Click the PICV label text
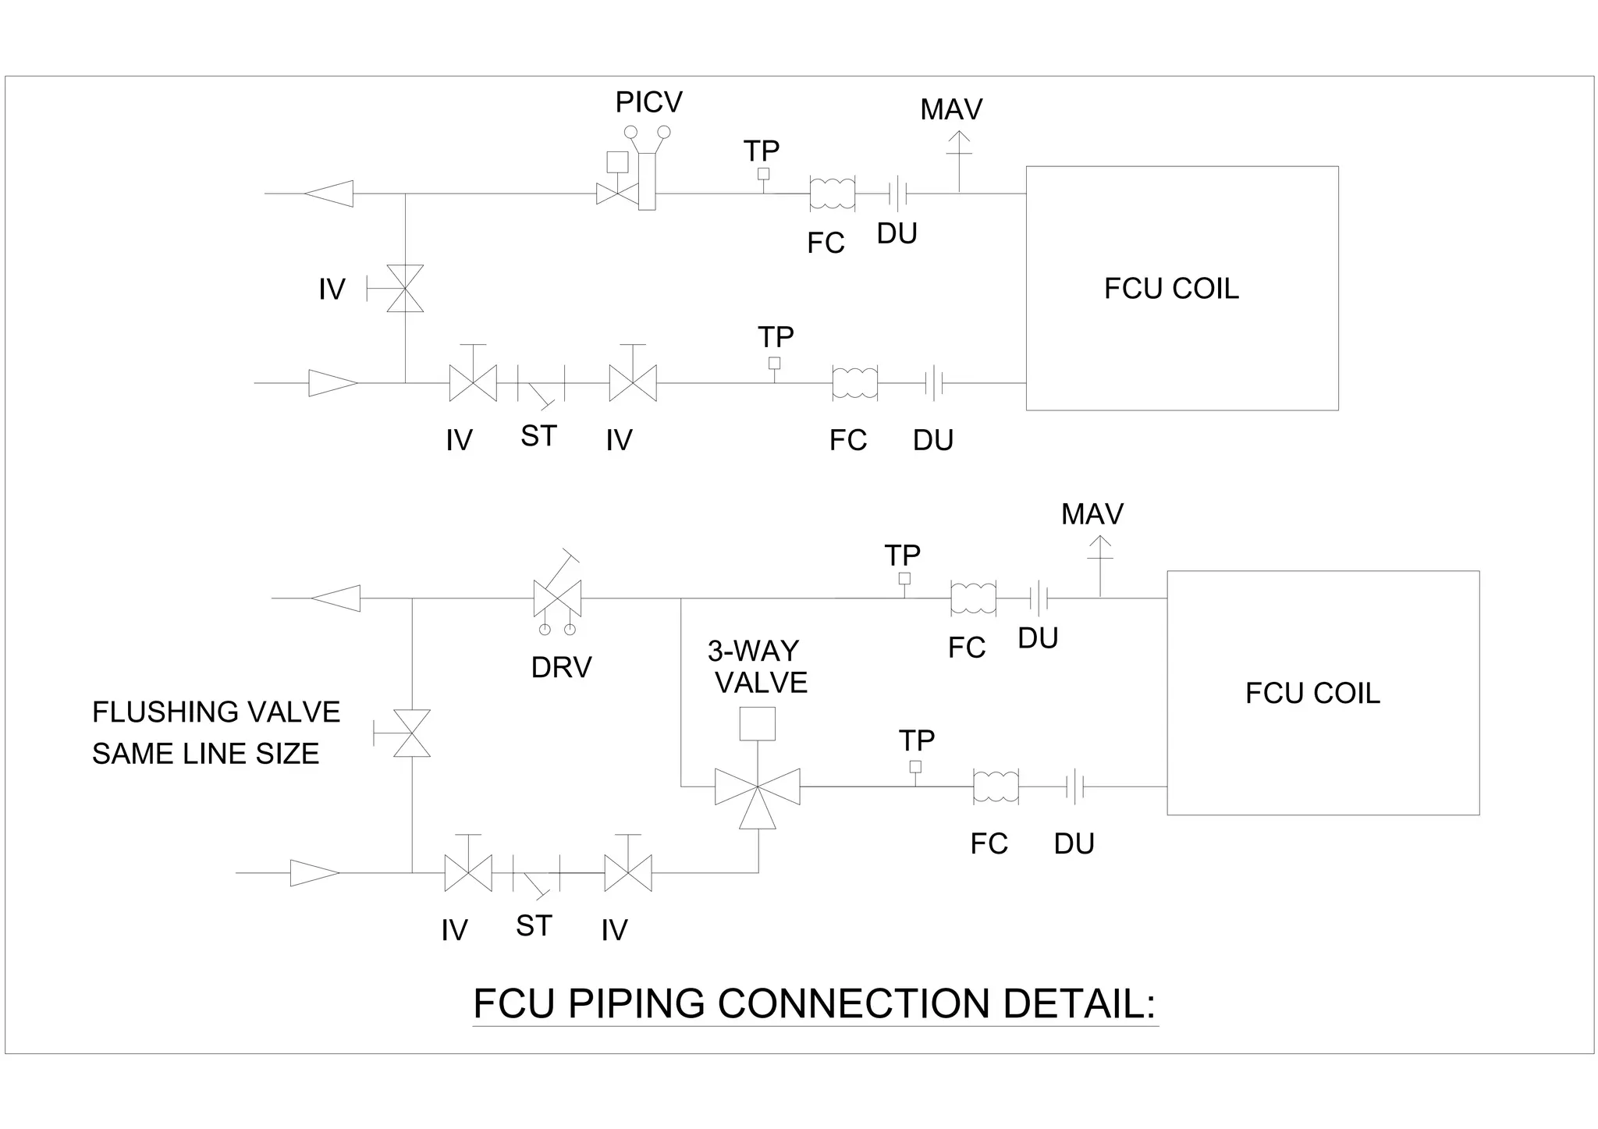pyautogui.click(x=648, y=102)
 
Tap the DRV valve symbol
pyautogui.click(x=557, y=598)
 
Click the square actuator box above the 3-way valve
pyautogui.click(x=757, y=723)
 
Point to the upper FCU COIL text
pyautogui.click(x=1170, y=289)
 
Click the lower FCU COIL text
pyautogui.click(x=1312, y=693)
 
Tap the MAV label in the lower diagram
pyautogui.click(x=1092, y=514)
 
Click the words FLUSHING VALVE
pyautogui.click(x=216, y=712)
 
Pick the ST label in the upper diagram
pyautogui.click(x=538, y=436)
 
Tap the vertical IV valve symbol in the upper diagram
pyautogui.click(x=405, y=289)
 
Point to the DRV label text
pyautogui.click(x=561, y=668)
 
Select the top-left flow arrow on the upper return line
pyautogui.click(x=329, y=193)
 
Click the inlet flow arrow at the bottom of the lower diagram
pyautogui.click(x=314, y=873)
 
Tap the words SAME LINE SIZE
pyautogui.click(x=206, y=754)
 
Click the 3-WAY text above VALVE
pyautogui.click(x=753, y=651)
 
